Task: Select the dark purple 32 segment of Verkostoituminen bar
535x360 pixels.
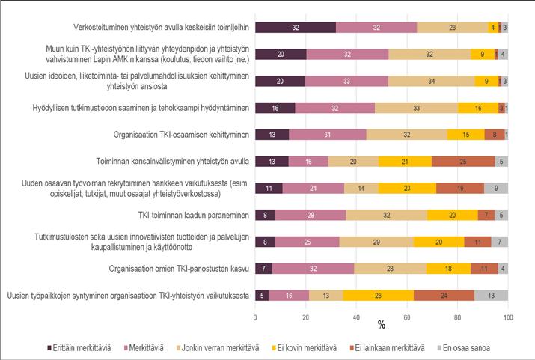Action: [x=296, y=28]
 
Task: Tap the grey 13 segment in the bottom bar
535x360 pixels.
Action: [x=491, y=295]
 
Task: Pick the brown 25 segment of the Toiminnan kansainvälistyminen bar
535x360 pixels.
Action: [x=463, y=161]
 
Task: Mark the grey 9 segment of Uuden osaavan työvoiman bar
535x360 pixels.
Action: [x=496, y=188]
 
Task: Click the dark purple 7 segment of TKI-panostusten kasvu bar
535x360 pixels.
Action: [x=264, y=268]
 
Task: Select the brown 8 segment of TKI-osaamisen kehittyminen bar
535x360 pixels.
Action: [x=495, y=135]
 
